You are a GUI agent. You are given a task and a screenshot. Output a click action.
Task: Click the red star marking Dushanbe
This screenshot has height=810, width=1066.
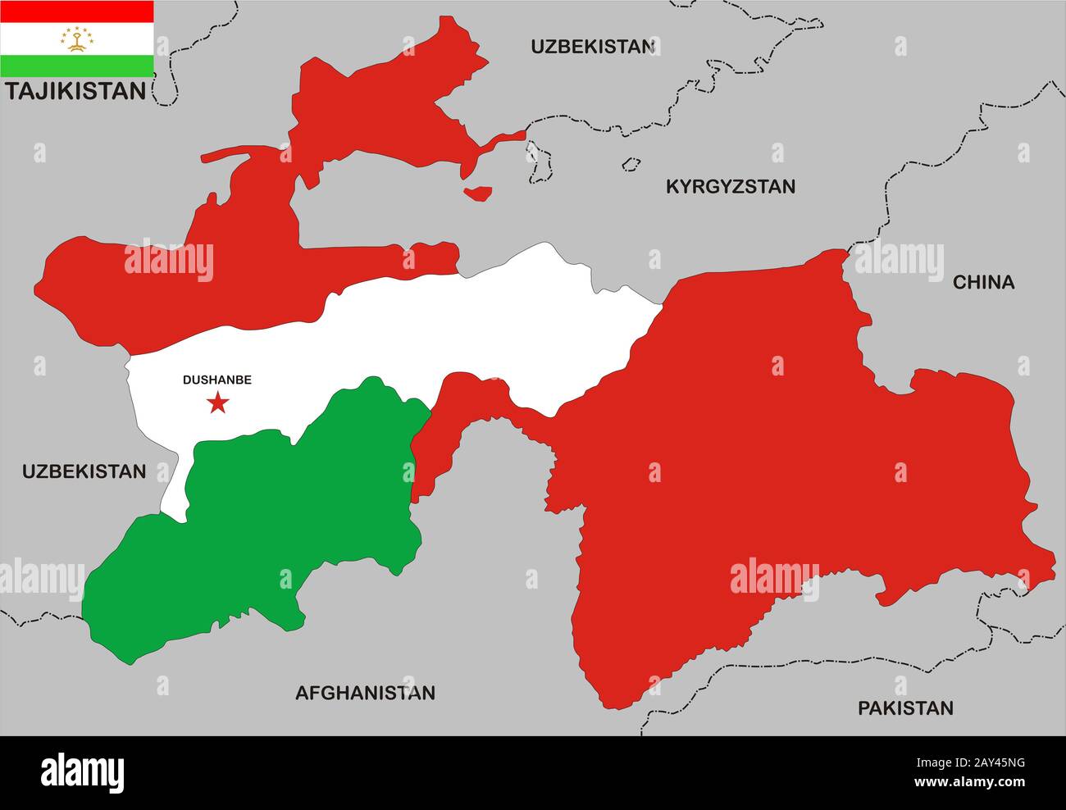tap(217, 403)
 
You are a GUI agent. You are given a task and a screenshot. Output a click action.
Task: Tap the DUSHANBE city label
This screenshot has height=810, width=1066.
tap(216, 380)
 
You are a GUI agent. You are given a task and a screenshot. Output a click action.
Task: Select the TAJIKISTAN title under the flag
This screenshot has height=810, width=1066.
tap(75, 91)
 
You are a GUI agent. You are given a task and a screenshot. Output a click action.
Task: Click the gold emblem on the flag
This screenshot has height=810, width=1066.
tap(76, 39)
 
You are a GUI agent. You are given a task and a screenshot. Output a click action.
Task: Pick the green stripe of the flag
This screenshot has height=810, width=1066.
tap(76, 66)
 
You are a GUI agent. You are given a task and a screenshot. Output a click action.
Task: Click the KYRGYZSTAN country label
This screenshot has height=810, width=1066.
tap(730, 187)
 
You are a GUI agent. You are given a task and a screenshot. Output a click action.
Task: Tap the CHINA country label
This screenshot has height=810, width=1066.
tap(983, 283)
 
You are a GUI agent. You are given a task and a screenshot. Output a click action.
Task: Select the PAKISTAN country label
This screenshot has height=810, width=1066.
tap(905, 708)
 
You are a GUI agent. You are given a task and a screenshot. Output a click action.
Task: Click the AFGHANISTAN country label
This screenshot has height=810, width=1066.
tap(365, 694)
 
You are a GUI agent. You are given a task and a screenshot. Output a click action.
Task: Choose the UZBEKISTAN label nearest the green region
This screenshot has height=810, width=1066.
tap(84, 471)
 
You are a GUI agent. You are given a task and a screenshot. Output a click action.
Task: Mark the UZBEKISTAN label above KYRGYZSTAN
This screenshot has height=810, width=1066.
tap(592, 47)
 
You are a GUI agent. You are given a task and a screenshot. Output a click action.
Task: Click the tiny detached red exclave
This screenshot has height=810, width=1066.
tap(478, 193)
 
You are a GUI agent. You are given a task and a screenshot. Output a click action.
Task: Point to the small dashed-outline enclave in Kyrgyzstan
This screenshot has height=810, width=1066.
tap(630, 164)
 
